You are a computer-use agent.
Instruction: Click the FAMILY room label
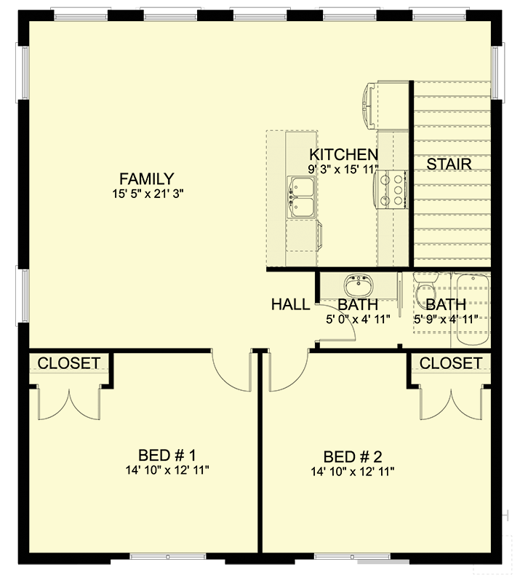coord(147,179)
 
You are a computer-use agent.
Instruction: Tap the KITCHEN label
coord(343,154)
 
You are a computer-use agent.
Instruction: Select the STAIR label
coord(449,164)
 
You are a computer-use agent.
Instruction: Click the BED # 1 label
coord(167,456)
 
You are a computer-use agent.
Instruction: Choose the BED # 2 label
coord(352,457)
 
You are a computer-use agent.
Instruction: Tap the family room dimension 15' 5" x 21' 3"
coord(147,194)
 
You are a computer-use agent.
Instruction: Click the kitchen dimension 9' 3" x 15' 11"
coord(345,169)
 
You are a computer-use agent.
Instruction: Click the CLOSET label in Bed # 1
coord(69,363)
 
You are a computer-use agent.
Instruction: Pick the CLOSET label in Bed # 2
coord(450,363)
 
